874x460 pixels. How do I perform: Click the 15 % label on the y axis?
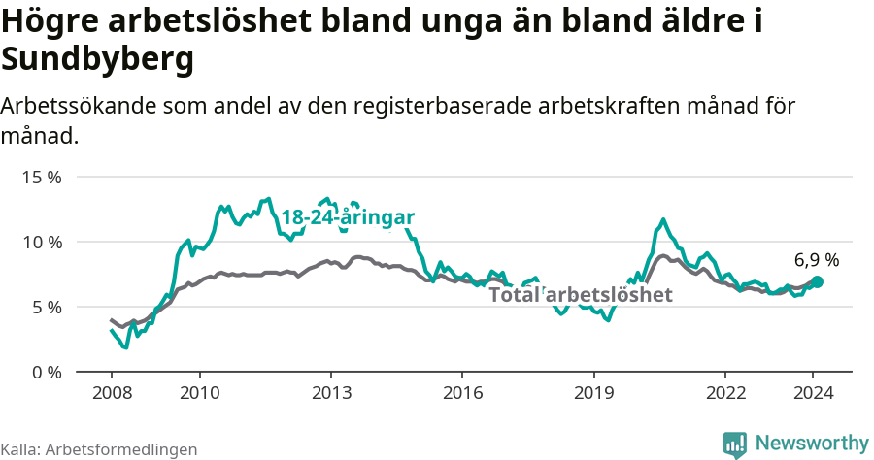[41, 177]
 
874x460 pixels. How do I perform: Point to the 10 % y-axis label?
[41, 242]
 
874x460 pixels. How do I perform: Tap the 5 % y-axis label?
[46, 307]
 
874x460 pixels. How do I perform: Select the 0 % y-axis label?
[46, 372]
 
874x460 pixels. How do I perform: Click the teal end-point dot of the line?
[818, 281]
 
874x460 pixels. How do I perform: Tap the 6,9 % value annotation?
[817, 260]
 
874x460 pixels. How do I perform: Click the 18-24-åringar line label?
[348, 217]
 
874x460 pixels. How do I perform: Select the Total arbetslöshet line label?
[580, 295]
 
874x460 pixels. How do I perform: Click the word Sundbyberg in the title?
[98, 60]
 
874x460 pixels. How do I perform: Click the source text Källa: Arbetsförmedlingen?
[99, 449]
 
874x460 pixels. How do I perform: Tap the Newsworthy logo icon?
[735, 444]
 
